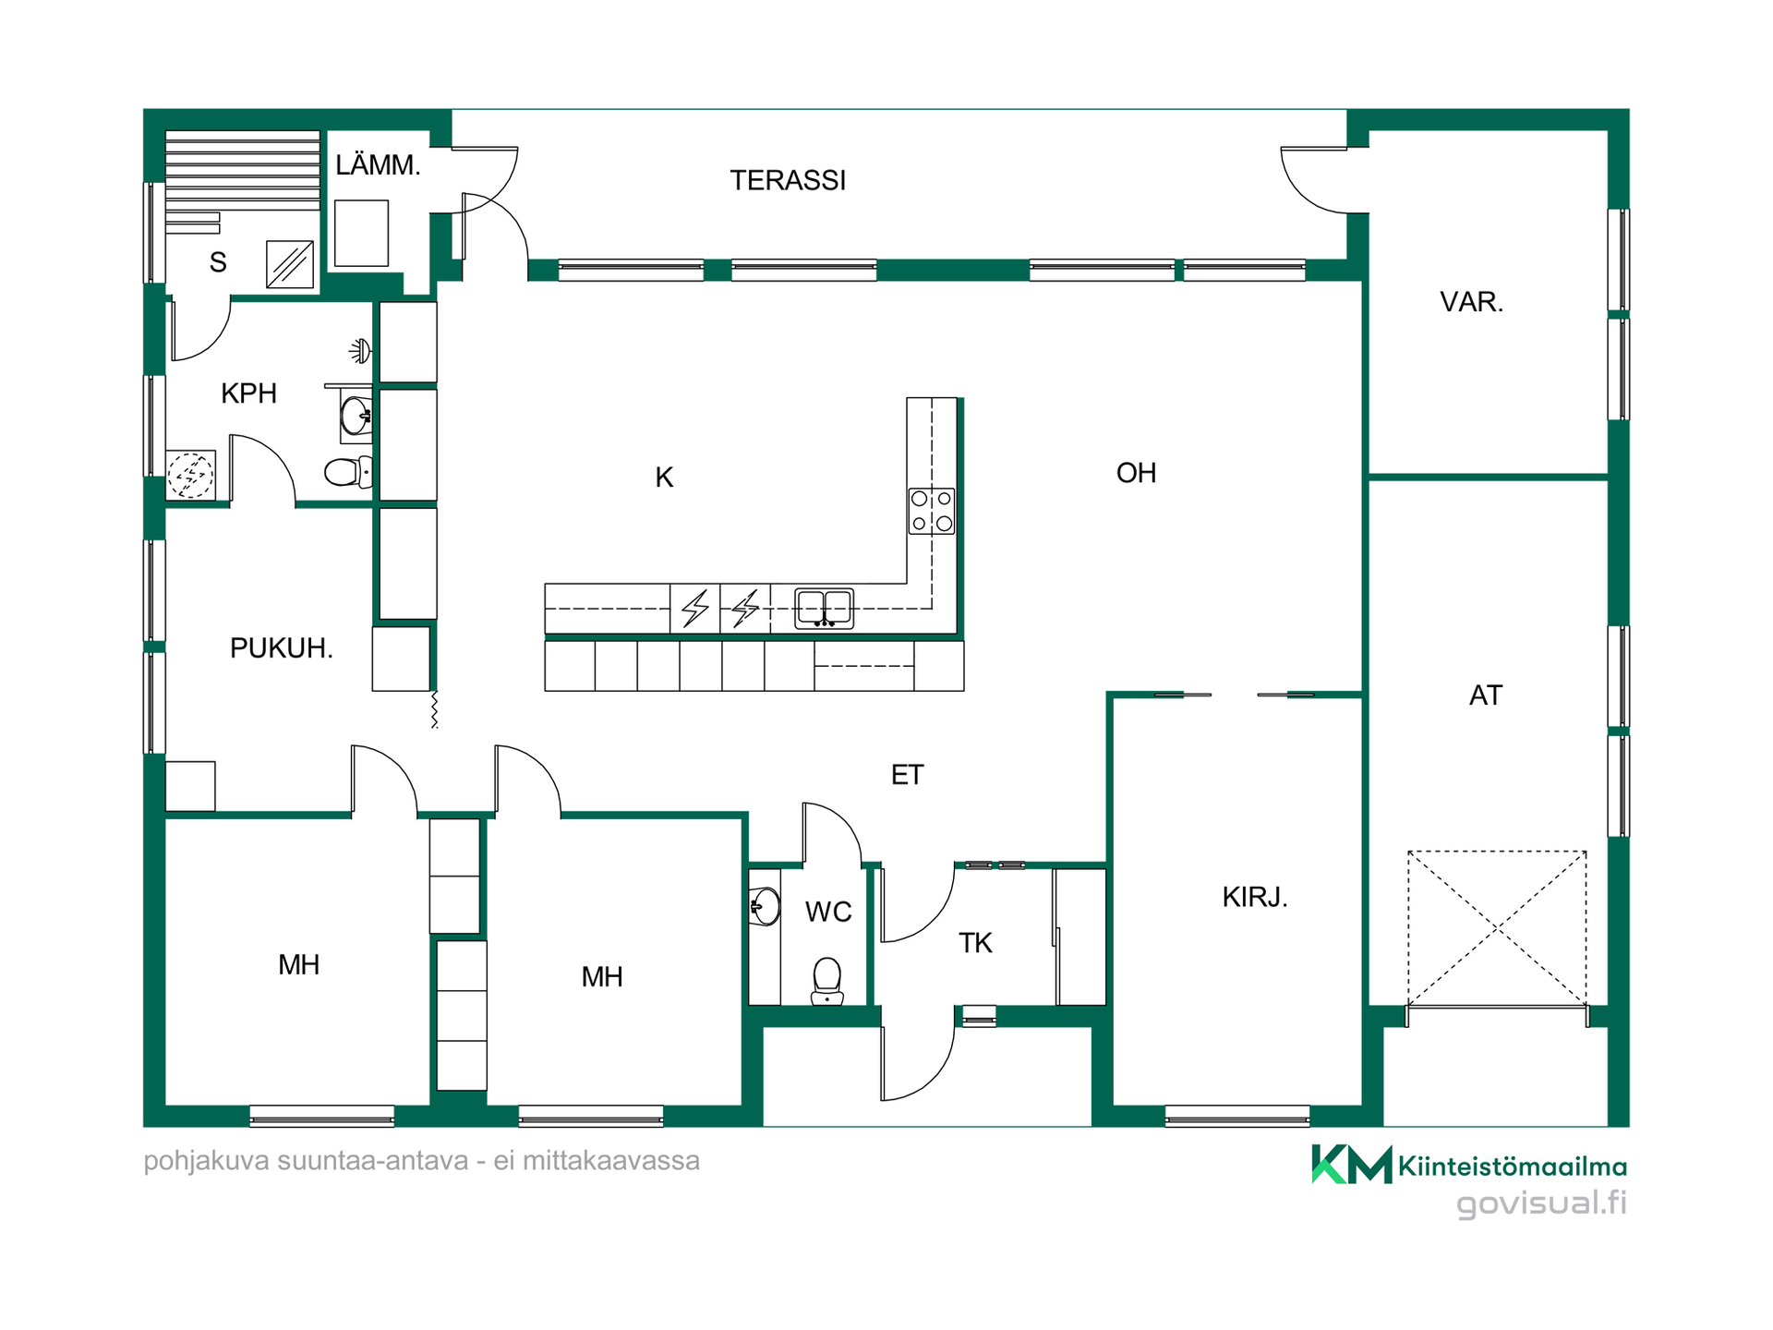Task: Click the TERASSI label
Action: pos(788,180)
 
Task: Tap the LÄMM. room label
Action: pos(378,165)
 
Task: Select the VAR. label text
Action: pos(1472,302)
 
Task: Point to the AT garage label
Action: pos(1486,695)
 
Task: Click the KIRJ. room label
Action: pos(1255,897)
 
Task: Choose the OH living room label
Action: pos(1136,473)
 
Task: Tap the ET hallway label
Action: pos(907,775)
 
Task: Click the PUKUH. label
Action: pos(281,648)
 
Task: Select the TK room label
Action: pos(975,943)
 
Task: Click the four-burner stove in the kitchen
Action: pos(932,511)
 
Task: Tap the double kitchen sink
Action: pos(824,609)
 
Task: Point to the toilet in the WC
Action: pos(827,981)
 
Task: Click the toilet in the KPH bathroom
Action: pos(348,472)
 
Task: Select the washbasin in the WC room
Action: pos(765,907)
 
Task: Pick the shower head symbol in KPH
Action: pos(360,351)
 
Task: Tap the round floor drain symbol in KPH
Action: pos(190,476)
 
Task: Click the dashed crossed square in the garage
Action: pos(1497,927)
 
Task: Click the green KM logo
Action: pos(1352,1164)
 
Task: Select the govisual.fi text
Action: pos(1541,1203)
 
